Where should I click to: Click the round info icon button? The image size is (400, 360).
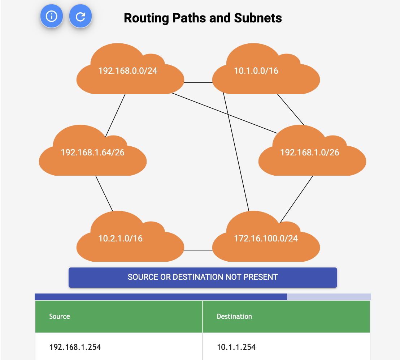click(x=52, y=16)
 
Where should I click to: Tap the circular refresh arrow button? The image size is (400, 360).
click(x=81, y=16)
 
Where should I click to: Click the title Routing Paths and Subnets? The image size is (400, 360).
click(x=203, y=18)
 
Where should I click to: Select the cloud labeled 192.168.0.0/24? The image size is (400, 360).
click(x=128, y=71)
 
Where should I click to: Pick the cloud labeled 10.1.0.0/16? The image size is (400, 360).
click(x=256, y=71)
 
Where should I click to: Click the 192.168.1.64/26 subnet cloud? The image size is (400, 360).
click(x=92, y=153)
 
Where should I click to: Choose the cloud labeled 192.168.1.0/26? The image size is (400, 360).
click(x=310, y=153)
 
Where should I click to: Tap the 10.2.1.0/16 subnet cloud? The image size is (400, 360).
click(x=121, y=239)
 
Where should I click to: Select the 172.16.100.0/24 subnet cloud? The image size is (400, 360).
click(x=266, y=239)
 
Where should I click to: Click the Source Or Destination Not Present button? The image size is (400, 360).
click(x=203, y=277)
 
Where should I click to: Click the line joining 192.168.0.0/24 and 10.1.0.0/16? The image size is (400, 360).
click(x=198, y=82)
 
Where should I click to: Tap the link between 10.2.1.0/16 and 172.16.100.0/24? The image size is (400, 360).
click(x=198, y=250)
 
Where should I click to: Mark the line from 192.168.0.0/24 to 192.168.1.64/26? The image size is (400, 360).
click(x=116, y=115)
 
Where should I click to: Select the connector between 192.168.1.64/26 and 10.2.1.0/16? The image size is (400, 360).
click(x=104, y=193)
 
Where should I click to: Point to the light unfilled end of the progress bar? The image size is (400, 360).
click(x=329, y=297)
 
